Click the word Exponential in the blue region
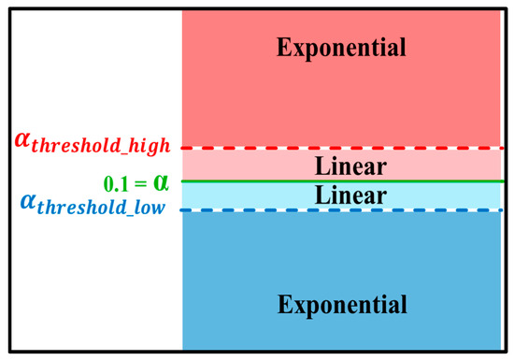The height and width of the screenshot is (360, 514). click(x=341, y=305)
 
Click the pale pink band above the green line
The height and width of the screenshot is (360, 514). click(x=234, y=165)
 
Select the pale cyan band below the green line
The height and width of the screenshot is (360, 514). click(x=234, y=196)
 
